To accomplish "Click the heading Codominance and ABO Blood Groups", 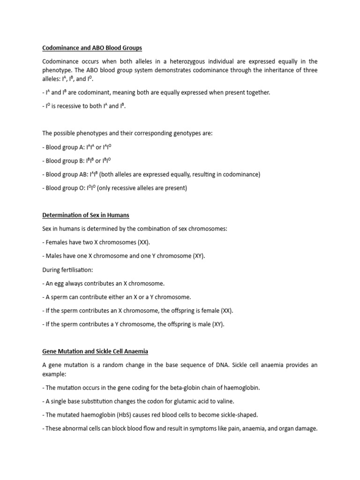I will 92,48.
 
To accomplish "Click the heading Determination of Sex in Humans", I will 86,215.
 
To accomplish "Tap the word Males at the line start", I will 54,256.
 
